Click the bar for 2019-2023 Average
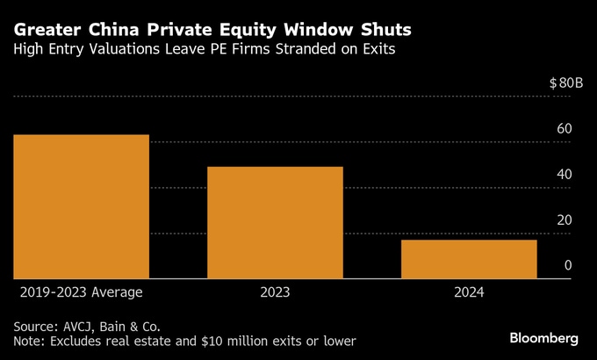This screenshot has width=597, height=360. coord(81,206)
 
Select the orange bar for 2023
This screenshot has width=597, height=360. coord(275,222)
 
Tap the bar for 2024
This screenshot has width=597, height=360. coord(469,259)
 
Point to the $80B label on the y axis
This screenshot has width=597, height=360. coord(565,83)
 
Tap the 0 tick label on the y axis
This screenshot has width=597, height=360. coord(568,266)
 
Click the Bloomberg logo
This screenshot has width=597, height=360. coord(544,338)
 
